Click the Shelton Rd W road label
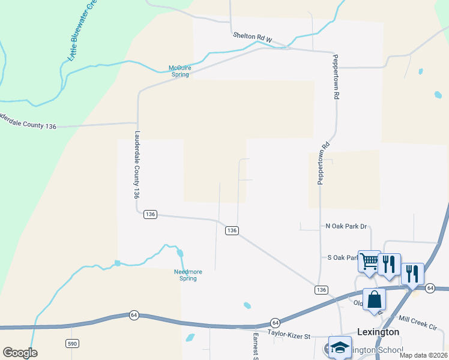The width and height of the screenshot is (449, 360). [253, 37]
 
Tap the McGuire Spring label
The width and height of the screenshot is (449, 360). [179, 71]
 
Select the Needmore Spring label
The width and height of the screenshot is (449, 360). [188, 275]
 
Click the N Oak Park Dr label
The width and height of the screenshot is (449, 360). [346, 226]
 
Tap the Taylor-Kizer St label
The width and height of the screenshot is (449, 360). [288, 332]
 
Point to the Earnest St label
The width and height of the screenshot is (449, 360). [255, 347]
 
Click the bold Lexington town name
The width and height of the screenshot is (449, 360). [378, 332]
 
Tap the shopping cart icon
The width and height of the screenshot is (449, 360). [369, 260]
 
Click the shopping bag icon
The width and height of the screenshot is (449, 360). [374, 299]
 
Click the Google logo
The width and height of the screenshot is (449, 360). [20, 352]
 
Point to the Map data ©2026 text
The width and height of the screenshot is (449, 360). [424, 355]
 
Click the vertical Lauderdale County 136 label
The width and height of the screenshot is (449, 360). [137, 165]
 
